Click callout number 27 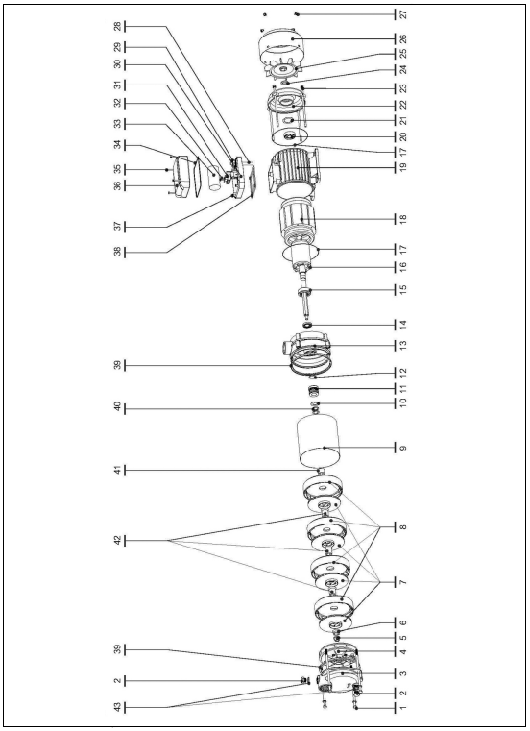(403, 14)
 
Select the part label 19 (403, 167)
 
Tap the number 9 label (403, 448)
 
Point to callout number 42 (118, 540)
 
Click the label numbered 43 (118, 708)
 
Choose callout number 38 (118, 252)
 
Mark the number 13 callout (403, 345)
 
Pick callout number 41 (118, 471)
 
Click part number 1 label (403, 708)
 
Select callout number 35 (118, 169)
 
